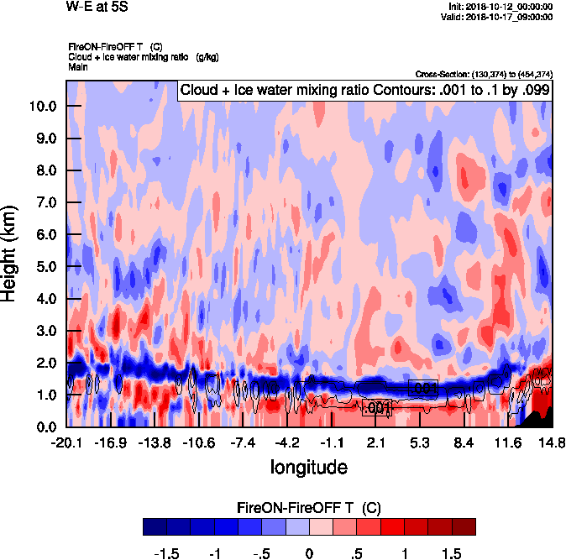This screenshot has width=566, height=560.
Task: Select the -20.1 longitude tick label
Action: click(x=66, y=442)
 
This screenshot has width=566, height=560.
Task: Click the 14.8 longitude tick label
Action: click(x=552, y=442)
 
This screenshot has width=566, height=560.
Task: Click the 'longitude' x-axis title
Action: click(x=308, y=466)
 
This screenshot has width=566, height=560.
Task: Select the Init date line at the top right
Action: click(x=500, y=7)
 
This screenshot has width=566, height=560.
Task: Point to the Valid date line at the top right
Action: click(x=500, y=17)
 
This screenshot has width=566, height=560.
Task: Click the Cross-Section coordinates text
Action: click(x=484, y=75)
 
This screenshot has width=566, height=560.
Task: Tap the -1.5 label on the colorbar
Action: click(x=168, y=554)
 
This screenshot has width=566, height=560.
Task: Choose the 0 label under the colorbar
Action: click(x=309, y=554)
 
